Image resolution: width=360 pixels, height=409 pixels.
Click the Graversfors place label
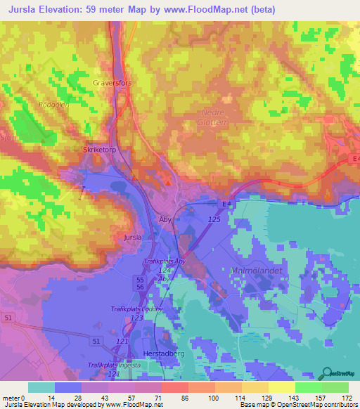click(x=112, y=82)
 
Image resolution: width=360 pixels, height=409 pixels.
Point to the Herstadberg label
click(x=164, y=353)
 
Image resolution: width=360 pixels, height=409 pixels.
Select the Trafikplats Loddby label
click(x=136, y=309)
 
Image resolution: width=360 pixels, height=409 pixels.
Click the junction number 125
click(x=215, y=221)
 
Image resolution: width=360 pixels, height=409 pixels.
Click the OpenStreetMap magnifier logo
click(x=326, y=375)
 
